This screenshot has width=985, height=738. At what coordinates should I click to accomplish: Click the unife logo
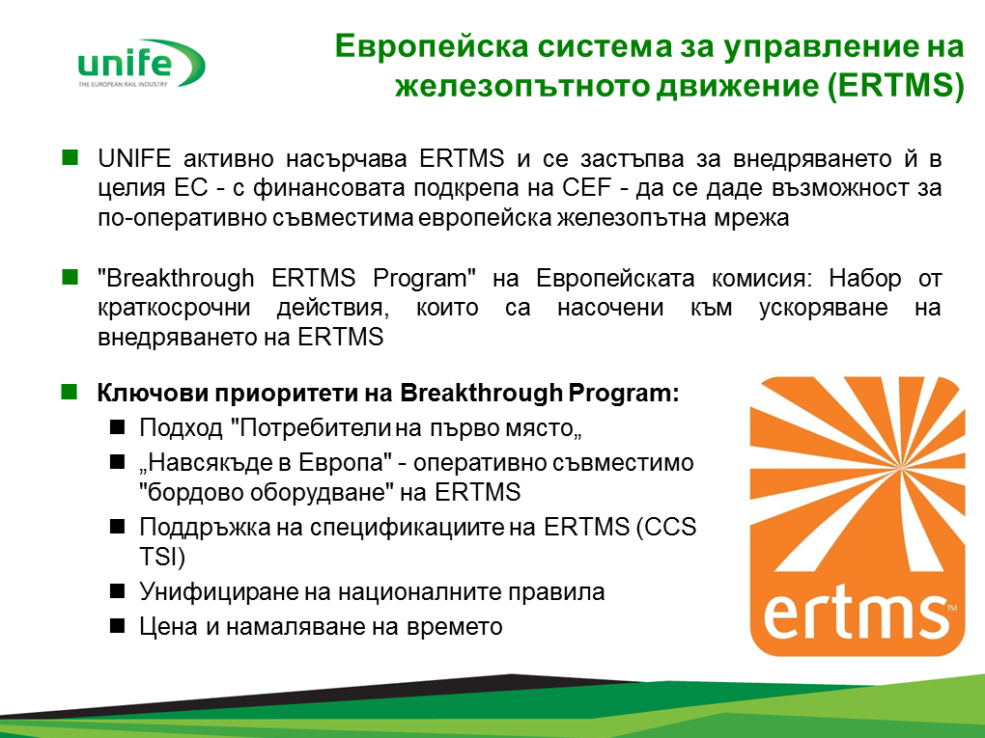tap(141, 64)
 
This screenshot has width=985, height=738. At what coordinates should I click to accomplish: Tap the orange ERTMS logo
tap(858, 516)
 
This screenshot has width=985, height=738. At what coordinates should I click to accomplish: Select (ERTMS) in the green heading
tap(895, 86)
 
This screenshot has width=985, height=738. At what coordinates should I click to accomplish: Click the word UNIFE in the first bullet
tap(134, 159)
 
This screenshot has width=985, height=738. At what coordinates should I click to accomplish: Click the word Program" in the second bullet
tap(424, 279)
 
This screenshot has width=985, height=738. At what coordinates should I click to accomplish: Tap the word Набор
tap(865, 278)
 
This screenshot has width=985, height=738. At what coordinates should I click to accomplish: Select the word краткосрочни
tap(174, 309)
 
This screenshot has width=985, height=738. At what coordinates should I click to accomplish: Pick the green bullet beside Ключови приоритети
tap(70, 393)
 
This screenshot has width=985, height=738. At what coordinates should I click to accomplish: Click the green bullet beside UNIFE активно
tap(70, 157)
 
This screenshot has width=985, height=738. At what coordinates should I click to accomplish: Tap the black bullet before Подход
tap(118, 427)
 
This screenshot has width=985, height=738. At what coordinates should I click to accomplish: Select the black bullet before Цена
tap(118, 626)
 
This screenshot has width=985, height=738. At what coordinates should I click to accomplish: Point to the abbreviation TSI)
tap(162, 558)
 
